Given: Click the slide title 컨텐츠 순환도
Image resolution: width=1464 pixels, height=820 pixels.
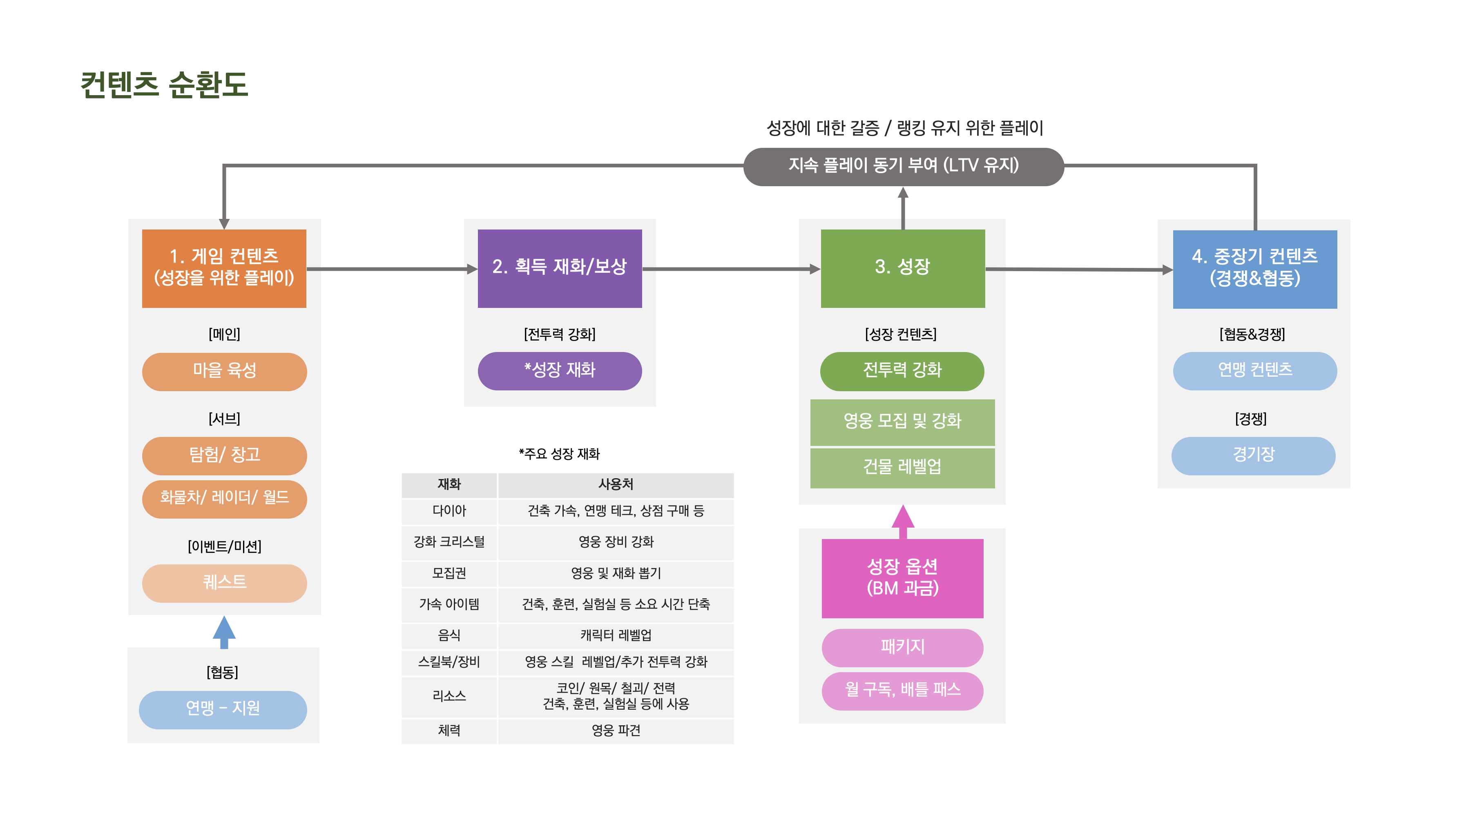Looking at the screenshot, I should pyautogui.click(x=164, y=85).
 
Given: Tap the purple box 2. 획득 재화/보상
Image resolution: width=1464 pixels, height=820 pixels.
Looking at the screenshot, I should pyautogui.click(x=559, y=268).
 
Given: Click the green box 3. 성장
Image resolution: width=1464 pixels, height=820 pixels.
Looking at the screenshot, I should pyautogui.click(x=902, y=268).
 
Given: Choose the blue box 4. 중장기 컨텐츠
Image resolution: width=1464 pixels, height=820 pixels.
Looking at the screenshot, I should pyautogui.click(x=1254, y=269).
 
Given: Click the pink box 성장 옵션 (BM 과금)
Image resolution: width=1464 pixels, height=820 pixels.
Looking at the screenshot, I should pyautogui.click(x=902, y=578).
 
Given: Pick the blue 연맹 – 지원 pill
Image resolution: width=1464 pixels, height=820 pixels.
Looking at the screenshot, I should pyautogui.click(x=223, y=709).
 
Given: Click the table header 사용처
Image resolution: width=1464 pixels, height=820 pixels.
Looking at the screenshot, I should pyautogui.click(x=616, y=485).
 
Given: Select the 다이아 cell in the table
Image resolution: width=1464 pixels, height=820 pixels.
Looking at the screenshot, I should pyautogui.click(x=449, y=511).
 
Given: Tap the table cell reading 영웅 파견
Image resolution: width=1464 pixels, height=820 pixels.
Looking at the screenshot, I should pyautogui.click(x=616, y=731).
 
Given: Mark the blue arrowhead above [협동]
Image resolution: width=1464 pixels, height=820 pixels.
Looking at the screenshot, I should pyautogui.click(x=224, y=628).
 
